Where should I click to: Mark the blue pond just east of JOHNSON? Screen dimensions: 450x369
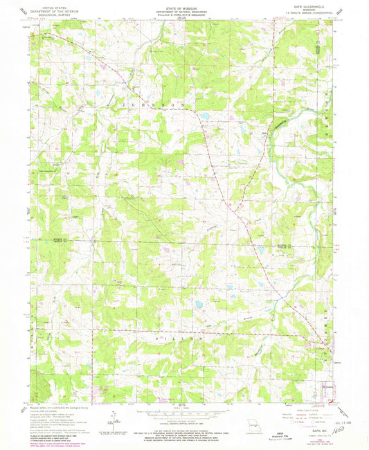tap(205, 117)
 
